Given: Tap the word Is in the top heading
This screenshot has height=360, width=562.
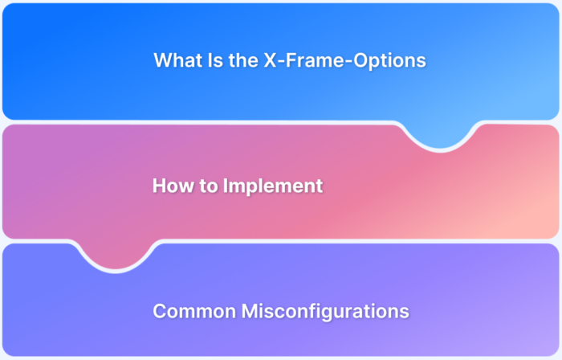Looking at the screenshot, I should (211, 60).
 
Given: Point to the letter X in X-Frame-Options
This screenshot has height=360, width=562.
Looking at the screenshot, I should (268, 60).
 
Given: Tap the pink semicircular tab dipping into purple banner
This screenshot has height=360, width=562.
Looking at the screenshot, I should (112, 256).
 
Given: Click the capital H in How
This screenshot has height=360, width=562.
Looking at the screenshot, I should (159, 186).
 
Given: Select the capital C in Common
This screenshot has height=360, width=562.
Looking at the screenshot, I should (159, 311).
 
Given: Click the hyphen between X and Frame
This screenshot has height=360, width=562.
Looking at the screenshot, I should (278, 62).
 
